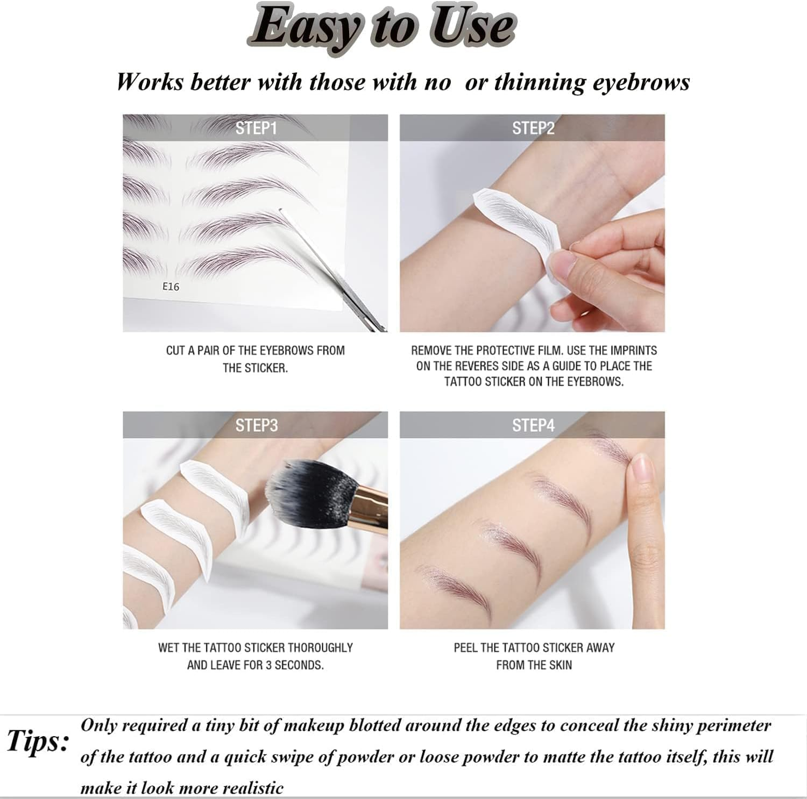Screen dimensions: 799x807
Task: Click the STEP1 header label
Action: [x=256, y=128]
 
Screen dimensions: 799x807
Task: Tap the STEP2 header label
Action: [x=533, y=128]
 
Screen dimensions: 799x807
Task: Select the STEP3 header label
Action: [x=256, y=425]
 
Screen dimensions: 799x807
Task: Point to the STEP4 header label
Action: [x=533, y=425]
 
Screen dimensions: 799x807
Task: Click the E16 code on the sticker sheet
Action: [x=171, y=287]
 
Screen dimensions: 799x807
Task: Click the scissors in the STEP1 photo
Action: [x=344, y=280]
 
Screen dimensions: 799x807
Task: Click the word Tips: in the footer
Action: [x=38, y=741]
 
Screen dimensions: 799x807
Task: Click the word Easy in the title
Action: [x=304, y=27]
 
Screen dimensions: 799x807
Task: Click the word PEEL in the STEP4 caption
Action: [x=465, y=647]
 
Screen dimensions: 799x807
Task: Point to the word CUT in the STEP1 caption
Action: [x=175, y=351]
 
